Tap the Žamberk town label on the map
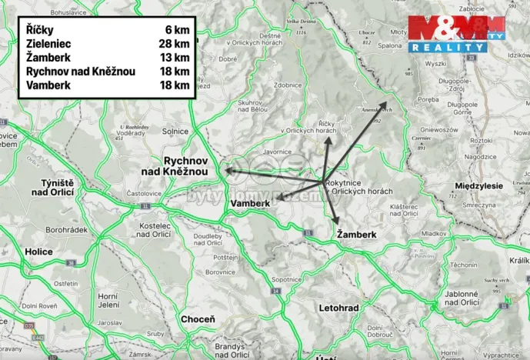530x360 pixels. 358,234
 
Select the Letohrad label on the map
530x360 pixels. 338,308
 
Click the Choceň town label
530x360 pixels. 198,318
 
